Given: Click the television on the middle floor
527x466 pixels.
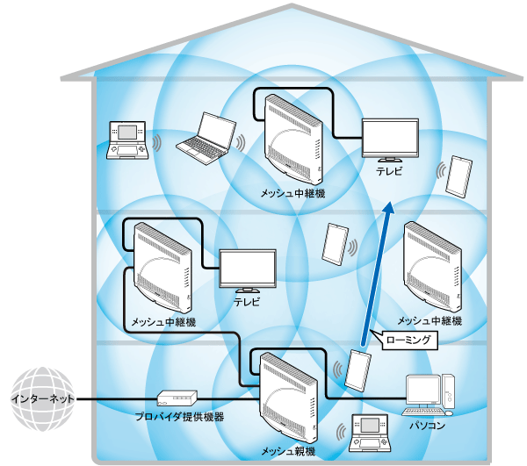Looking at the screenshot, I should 247,271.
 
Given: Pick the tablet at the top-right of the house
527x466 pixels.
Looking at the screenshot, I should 458,176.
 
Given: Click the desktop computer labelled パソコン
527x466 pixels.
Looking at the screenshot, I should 430,394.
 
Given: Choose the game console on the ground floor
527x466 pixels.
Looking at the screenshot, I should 368,429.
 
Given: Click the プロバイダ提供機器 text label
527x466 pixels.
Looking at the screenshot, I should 179,418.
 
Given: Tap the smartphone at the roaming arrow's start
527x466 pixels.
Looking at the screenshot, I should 358,369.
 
